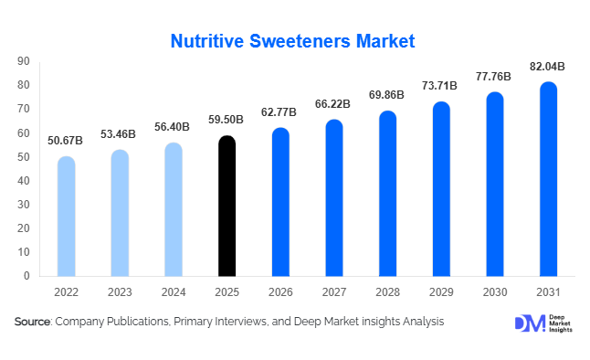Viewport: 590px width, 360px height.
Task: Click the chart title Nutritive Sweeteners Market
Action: (293, 40)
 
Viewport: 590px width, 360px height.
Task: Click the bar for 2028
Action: (387, 194)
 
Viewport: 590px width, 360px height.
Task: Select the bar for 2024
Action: (174, 209)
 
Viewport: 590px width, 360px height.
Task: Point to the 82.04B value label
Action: (548, 67)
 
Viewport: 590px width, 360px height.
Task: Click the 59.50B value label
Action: (227, 121)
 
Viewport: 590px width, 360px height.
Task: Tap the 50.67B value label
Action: (66, 142)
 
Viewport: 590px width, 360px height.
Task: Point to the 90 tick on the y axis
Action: (24, 61)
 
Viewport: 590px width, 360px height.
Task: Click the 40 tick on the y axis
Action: (24, 180)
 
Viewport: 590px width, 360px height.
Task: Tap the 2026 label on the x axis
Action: (280, 292)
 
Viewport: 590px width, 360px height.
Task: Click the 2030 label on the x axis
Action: (494, 292)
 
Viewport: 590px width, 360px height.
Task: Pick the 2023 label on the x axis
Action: (120, 292)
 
